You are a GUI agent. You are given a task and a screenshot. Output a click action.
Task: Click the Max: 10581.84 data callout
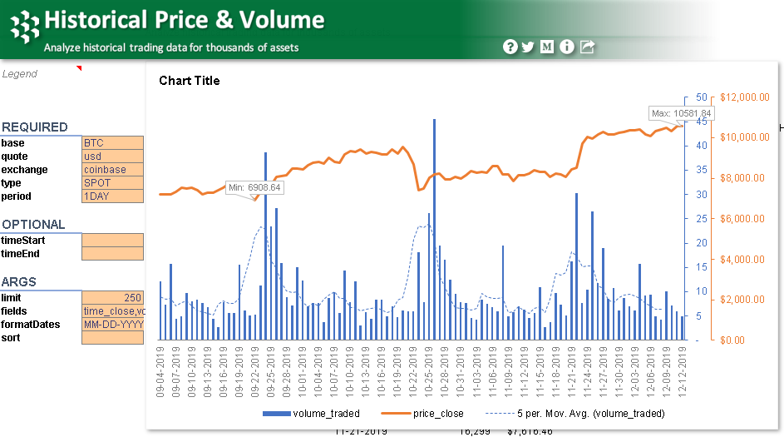[x=681, y=113]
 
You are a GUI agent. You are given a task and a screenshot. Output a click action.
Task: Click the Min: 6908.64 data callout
[x=254, y=188]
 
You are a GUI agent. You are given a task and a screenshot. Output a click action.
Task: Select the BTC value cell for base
[x=112, y=143]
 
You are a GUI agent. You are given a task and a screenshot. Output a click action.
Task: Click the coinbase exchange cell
[x=112, y=170]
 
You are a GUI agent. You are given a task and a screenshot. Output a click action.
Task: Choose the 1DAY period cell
[x=112, y=196]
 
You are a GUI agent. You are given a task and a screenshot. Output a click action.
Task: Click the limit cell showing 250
[x=112, y=298]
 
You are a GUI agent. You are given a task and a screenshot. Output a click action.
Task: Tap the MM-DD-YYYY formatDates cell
[x=112, y=325]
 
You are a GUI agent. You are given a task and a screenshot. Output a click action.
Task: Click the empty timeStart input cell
[x=112, y=241]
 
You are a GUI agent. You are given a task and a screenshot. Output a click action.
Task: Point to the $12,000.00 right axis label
[x=746, y=97]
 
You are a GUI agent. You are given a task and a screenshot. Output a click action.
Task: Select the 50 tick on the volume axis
[x=701, y=97]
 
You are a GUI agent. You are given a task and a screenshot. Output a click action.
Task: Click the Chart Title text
[x=190, y=81]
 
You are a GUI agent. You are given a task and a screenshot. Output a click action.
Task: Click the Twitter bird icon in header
[x=528, y=47]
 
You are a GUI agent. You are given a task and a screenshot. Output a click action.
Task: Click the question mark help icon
[x=510, y=47]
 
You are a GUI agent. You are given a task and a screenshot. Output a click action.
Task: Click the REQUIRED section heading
[x=35, y=127]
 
